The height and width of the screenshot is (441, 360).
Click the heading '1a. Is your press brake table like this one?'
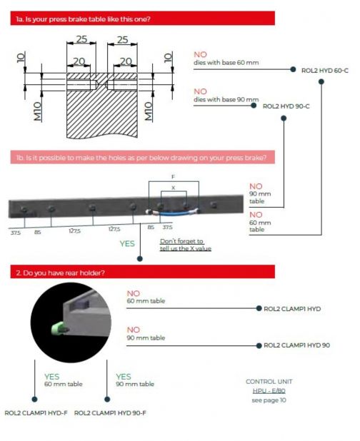83,19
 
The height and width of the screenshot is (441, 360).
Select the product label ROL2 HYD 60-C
325,71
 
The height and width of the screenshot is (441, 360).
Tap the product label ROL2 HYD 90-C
286,106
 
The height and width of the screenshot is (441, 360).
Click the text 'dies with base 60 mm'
226,62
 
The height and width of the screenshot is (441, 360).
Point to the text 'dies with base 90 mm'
226,99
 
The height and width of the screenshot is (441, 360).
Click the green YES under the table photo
127,243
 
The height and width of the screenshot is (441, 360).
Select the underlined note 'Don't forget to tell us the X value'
186,245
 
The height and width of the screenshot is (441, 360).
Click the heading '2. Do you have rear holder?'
60,273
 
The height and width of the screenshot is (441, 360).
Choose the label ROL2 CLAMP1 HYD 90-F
110,413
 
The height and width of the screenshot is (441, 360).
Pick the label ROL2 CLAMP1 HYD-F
36,413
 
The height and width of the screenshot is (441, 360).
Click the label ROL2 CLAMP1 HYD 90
296,345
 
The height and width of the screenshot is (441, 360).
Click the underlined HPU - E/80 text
269,391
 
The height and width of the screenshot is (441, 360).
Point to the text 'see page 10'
269,400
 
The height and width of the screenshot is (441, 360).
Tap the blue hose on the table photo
174,214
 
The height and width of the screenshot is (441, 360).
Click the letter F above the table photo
173,177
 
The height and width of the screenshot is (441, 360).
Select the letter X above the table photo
173,188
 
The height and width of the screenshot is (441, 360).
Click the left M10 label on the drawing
38,111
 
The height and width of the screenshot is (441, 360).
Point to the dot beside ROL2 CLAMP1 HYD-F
34,399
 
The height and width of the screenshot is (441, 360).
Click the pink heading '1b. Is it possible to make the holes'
141,158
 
